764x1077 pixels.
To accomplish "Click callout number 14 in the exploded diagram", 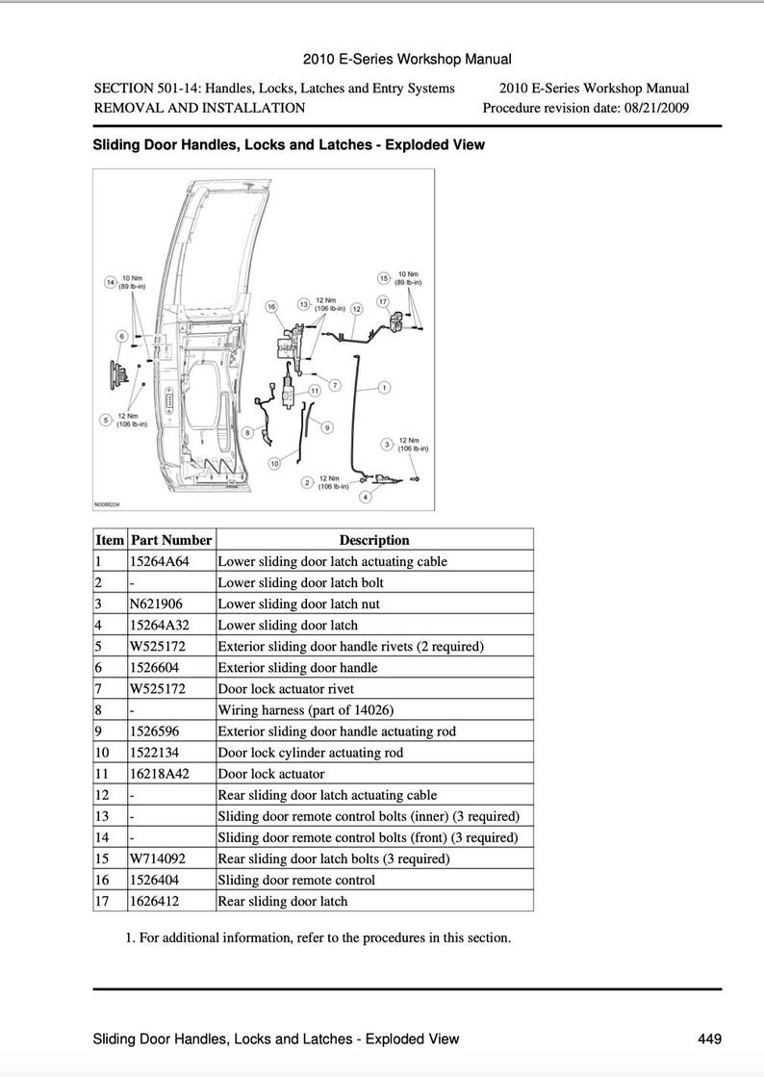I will tap(111, 282).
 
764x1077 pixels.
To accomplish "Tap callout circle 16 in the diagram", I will tap(271, 306).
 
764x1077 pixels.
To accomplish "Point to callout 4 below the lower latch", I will tap(365, 497).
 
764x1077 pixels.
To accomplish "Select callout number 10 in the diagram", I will tap(274, 463).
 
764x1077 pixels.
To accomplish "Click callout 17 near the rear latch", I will tap(381, 301).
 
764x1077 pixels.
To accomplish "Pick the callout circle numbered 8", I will tap(248, 433).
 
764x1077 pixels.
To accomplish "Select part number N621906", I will tap(156, 603).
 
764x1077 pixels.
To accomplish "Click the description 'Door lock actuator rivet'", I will tap(286, 689).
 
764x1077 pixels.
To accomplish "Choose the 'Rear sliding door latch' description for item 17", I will tap(283, 901).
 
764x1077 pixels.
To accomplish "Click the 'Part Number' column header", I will tap(171, 540).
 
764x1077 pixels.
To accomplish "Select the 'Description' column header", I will tap(374, 540).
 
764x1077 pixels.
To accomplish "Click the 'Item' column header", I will tap(110, 540).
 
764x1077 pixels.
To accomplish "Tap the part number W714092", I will tap(159, 859).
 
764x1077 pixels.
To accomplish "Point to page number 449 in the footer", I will tap(709, 1039).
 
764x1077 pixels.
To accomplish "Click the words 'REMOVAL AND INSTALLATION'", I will tap(199, 108).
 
